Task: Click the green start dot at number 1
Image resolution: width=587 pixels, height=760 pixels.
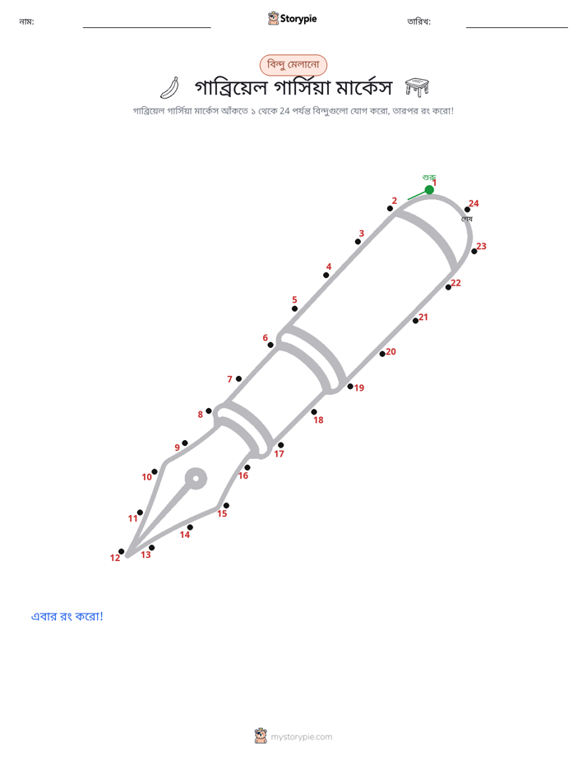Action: click(x=429, y=189)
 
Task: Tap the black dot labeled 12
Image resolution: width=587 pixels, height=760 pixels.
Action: click(x=121, y=552)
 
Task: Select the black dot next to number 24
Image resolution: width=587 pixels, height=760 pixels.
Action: click(x=467, y=210)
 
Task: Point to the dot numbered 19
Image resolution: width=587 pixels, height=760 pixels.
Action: click(x=350, y=387)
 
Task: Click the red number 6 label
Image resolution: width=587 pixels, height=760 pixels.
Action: click(x=265, y=338)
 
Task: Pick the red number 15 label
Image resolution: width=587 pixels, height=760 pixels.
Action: click(x=222, y=514)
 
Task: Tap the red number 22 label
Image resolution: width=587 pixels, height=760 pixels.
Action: click(x=455, y=283)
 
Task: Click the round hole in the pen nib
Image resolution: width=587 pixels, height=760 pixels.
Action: click(x=196, y=480)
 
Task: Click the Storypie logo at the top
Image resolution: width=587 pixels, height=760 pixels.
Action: click(x=292, y=18)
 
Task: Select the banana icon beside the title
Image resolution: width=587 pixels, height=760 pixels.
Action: click(x=169, y=88)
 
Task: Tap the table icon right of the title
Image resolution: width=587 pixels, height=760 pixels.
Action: click(x=417, y=87)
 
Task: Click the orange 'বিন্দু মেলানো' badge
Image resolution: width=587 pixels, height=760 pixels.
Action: click(x=293, y=65)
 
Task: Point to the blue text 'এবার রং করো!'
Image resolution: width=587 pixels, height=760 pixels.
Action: click(x=67, y=617)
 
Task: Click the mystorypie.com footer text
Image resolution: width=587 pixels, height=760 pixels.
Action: click(x=301, y=737)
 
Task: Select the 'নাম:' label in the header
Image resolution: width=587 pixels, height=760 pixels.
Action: click(x=26, y=21)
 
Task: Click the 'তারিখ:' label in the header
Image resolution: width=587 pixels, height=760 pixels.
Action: click(x=419, y=21)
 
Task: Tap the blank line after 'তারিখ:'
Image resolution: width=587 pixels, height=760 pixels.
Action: click(x=517, y=28)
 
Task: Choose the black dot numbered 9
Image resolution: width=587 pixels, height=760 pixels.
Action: click(x=184, y=443)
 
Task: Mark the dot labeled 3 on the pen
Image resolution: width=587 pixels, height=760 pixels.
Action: click(x=358, y=241)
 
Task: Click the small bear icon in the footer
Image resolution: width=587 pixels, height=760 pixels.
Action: click(x=261, y=736)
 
